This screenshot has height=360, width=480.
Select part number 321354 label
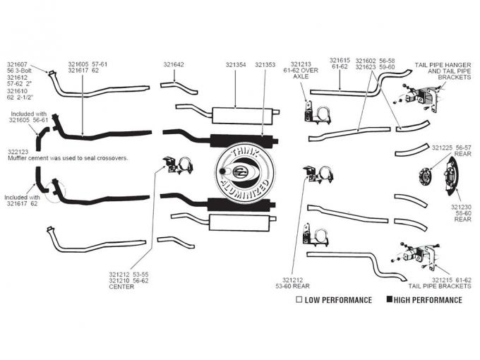point(236,65)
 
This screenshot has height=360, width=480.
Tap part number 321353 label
point(265,65)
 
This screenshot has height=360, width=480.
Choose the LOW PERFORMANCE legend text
point(337,300)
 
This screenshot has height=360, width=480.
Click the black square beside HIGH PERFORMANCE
point(389,300)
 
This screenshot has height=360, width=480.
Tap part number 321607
point(18,65)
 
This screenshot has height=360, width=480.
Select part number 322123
point(18,151)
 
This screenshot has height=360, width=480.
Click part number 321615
point(340,61)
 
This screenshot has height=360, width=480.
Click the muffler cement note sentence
point(68,158)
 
